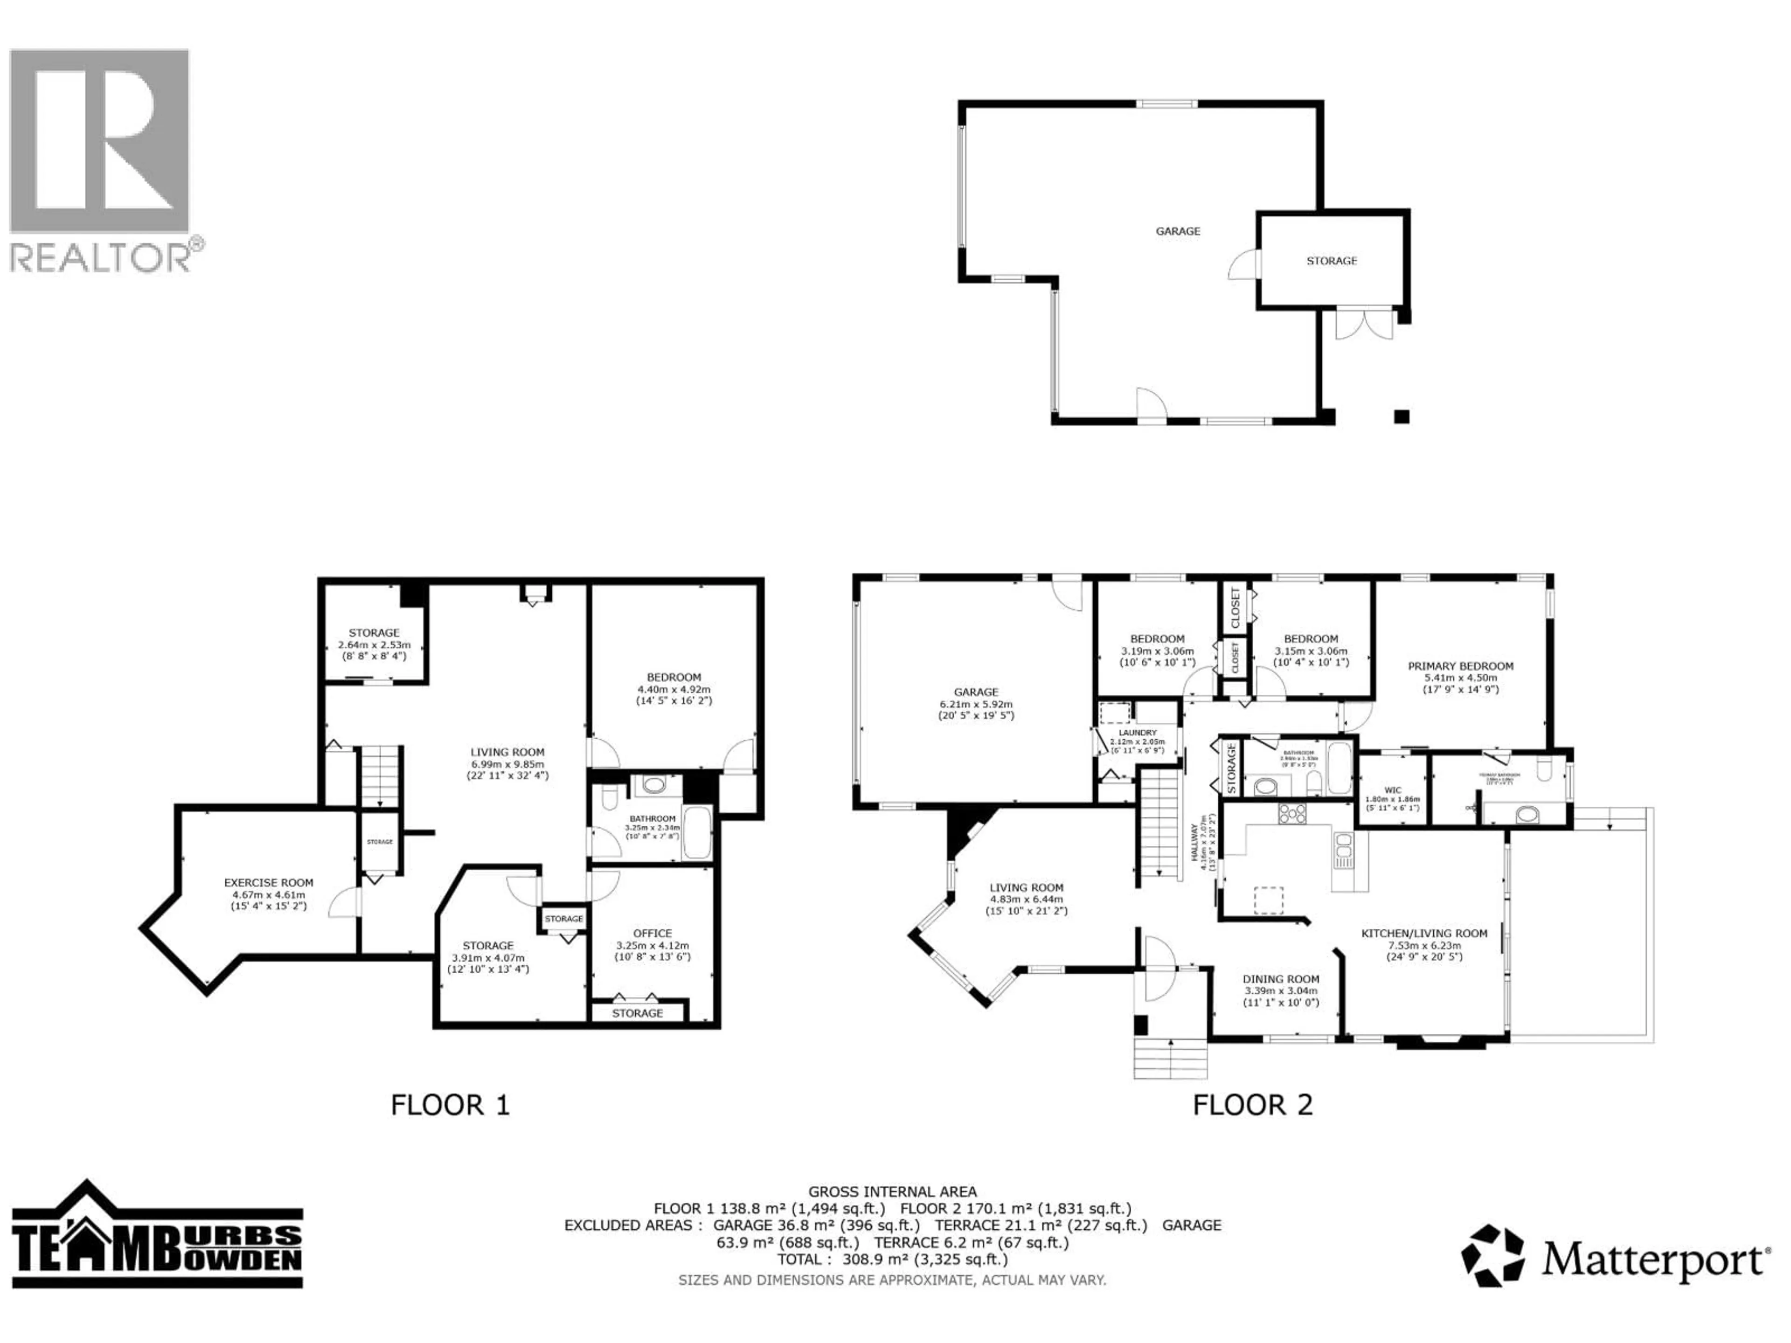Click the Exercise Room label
coord(268,882)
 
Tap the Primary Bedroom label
coord(1460,666)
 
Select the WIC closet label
coord(1393,790)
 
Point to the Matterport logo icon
coord(1492,1256)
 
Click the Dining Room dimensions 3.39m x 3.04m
coord(1281,991)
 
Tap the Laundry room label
coord(1138,732)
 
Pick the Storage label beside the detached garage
coord(1331,261)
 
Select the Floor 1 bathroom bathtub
coord(697,833)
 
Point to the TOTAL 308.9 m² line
coord(892,1260)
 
